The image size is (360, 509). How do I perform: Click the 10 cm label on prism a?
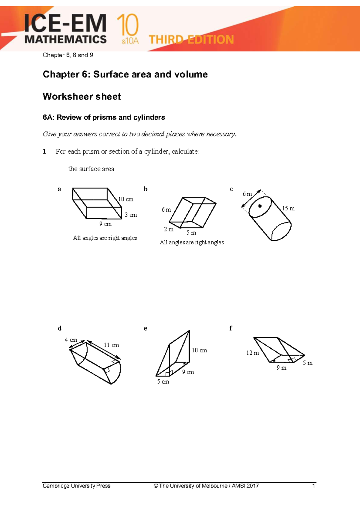pyautogui.click(x=126, y=199)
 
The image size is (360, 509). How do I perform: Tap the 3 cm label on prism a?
pyautogui.click(x=131, y=215)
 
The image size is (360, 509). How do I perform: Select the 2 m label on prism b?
pyautogui.click(x=169, y=229)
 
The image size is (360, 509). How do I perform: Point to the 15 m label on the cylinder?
pyautogui.click(x=288, y=208)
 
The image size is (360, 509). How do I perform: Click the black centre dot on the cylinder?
pyautogui.click(x=260, y=206)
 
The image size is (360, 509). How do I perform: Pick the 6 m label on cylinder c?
pyautogui.click(x=247, y=194)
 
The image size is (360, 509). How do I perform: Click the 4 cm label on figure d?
pyautogui.click(x=71, y=340)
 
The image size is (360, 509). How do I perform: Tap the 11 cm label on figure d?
pyautogui.click(x=111, y=345)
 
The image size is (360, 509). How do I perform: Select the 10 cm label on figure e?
pyautogui.click(x=199, y=350)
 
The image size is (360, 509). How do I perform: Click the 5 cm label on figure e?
pyautogui.click(x=163, y=382)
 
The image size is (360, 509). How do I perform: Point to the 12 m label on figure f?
pyautogui.click(x=253, y=353)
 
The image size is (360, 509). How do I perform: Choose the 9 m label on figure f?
pyautogui.click(x=281, y=368)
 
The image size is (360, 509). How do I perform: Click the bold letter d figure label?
pyautogui.click(x=59, y=328)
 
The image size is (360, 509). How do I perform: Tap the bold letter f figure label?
pyautogui.click(x=230, y=328)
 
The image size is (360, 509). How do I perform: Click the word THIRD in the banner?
pyautogui.click(x=166, y=40)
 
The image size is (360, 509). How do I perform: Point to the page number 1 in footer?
pyautogui.click(x=313, y=486)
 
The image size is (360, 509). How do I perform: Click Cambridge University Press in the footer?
pyautogui.click(x=76, y=486)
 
